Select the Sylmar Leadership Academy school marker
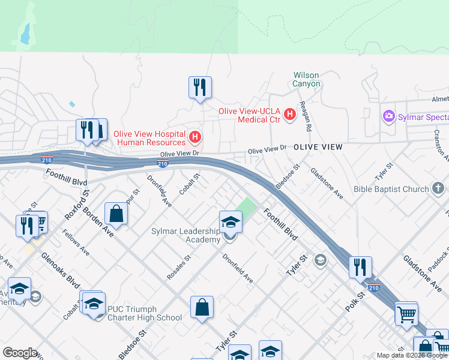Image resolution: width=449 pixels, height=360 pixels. click(x=231, y=222)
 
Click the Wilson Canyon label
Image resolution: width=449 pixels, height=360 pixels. click(x=306, y=79)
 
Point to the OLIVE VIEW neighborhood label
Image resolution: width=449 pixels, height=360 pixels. click(x=318, y=147)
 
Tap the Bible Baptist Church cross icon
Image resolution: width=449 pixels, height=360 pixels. click(x=439, y=190)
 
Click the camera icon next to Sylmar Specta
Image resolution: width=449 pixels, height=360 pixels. click(x=388, y=116)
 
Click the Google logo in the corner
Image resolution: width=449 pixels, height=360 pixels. click(x=20, y=353)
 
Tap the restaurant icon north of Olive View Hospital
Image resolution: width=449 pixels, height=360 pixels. click(x=199, y=87)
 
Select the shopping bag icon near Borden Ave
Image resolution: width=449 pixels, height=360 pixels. click(x=116, y=213)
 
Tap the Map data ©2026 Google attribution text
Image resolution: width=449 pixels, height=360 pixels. click(x=412, y=355)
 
